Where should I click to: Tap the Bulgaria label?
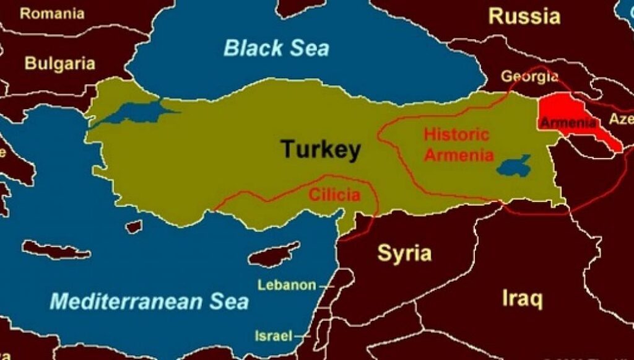(60, 63)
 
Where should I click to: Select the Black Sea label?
(276, 48)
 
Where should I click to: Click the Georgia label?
(529, 77)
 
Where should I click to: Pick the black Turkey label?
(320, 149)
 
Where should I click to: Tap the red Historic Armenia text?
(458, 144)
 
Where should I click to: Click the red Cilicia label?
(334, 196)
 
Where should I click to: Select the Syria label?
(404, 253)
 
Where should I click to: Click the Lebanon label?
(287, 286)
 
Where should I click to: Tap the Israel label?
(273, 336)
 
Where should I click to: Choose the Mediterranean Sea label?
(149, 302)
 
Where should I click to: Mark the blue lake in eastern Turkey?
(513, 165)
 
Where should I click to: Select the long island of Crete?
(56, 250)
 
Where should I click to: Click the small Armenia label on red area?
(568, 122)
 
